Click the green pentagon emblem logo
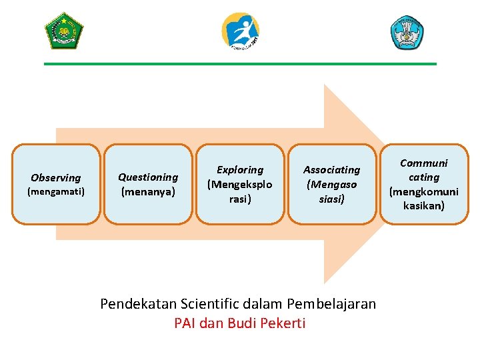[63, 31]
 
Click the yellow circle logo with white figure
[241, 31]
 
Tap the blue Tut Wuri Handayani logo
[407, 32]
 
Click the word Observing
[56, 178]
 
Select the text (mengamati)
[56, 192]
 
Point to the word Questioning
[148, 177]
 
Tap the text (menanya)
[148, 191]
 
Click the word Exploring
[240, 170]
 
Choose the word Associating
[331, 170]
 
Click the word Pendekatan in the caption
[138, 304]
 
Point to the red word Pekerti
[282, 323]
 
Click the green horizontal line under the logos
[240, 64]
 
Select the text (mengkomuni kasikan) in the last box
[424, 199]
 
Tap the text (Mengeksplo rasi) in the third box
[240, 191]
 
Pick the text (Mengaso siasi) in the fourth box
[331, 191]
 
